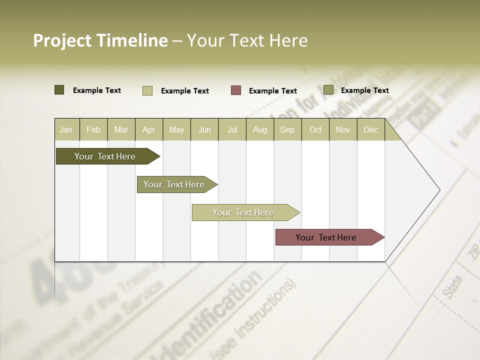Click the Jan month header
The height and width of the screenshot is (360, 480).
[66, 129]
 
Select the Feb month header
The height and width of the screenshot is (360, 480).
[93, 129]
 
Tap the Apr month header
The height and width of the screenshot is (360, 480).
[149, 129]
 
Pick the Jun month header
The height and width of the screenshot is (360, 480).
[204, 129]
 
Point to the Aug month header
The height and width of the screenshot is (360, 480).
[260, 129]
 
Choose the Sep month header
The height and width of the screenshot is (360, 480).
[287, 129]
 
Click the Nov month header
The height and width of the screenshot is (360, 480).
[343, 129]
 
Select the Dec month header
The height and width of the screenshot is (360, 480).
[371, 129]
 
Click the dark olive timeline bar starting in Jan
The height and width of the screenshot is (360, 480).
[105, 156]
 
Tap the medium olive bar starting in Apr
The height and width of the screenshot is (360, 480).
[174, 184]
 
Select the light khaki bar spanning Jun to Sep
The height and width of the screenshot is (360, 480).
[243, 212]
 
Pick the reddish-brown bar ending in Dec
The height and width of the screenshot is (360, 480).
[326, 237]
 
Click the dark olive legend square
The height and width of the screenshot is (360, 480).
[59, 90]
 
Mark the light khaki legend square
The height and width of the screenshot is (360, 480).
[147, 90]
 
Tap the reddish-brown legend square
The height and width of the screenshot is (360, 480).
[236, 90]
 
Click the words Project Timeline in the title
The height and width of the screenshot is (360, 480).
[100, 40]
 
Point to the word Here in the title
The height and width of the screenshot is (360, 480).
[288, 40]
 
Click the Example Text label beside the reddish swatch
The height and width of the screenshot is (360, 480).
[273, 91]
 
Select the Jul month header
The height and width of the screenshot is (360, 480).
[232, 129]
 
